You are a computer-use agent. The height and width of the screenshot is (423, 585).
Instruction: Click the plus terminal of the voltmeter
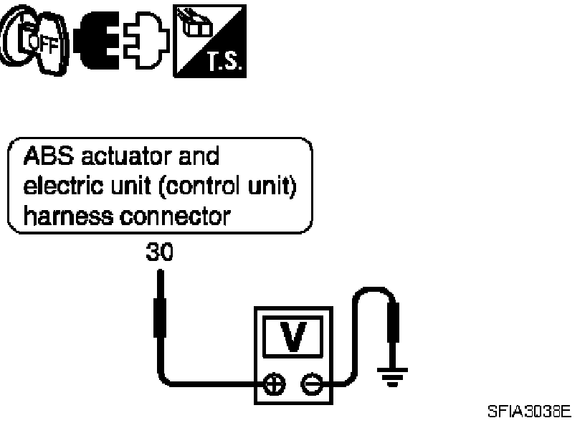273,384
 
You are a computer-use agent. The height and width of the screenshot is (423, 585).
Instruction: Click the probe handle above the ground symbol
394,326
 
